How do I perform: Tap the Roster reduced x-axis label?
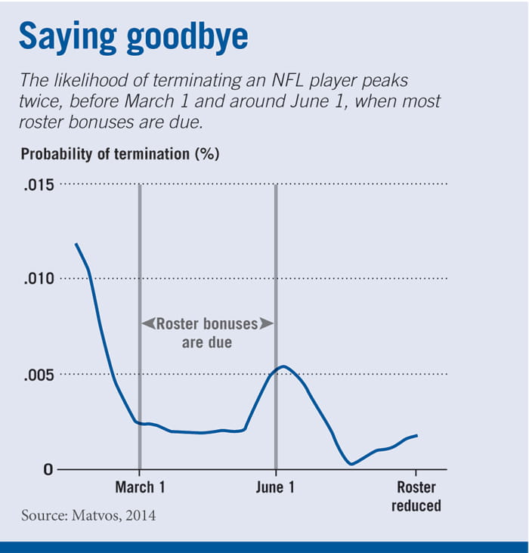(x=416, y=496)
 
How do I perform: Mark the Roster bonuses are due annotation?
(x=206, y=332)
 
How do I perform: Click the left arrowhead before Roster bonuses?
(x=148, y=324)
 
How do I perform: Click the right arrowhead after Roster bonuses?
(x=265, y=324)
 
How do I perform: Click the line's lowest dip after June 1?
(x=351, y=464)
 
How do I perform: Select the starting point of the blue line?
(x=76, y=244)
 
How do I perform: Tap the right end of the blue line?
(x=417, y=435)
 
